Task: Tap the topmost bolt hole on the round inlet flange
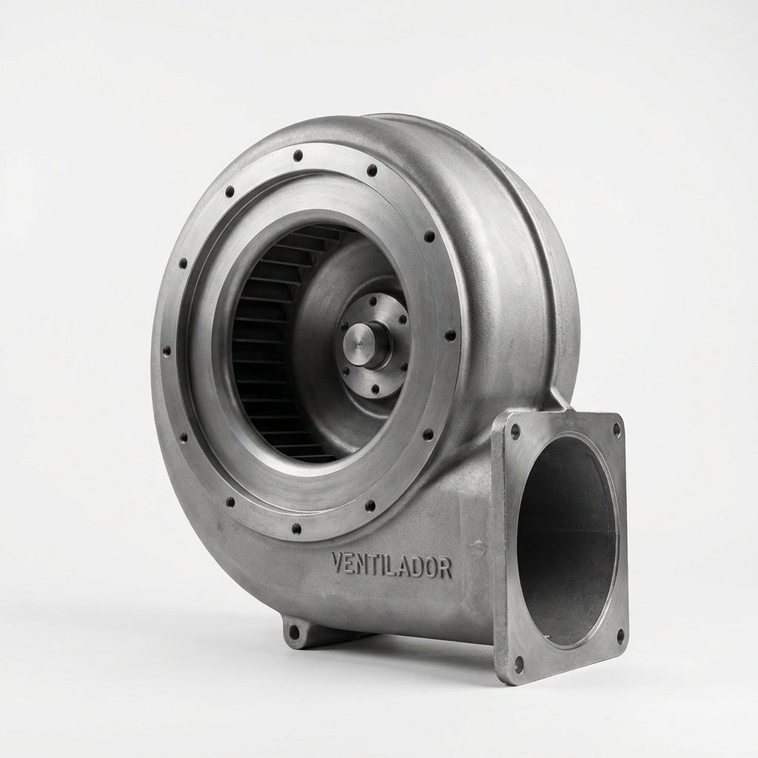click(x=298, y=155)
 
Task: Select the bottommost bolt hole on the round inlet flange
click(x=297, y=528)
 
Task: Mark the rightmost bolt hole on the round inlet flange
click(x=450, y=335)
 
